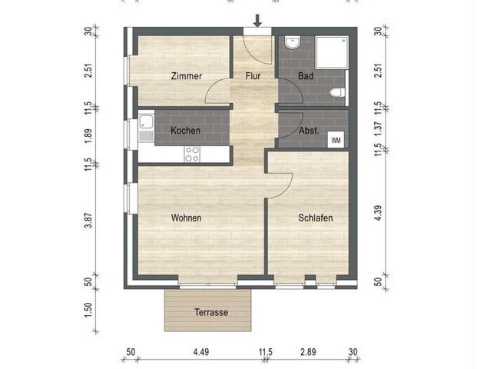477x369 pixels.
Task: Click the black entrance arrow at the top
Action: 257,22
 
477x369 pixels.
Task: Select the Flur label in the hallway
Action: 254,76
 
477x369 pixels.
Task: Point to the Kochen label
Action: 186,131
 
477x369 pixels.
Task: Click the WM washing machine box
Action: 336,140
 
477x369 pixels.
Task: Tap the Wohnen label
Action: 186,218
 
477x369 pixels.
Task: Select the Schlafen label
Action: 315,218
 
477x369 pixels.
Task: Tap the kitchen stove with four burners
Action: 192,155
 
